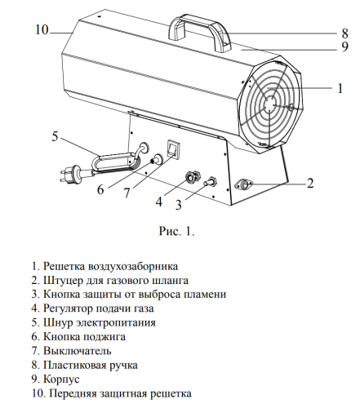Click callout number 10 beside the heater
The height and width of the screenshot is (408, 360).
42,30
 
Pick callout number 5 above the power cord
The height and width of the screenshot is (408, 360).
55,136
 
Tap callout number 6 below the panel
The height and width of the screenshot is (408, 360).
101,190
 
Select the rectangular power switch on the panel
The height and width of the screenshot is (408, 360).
172,148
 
